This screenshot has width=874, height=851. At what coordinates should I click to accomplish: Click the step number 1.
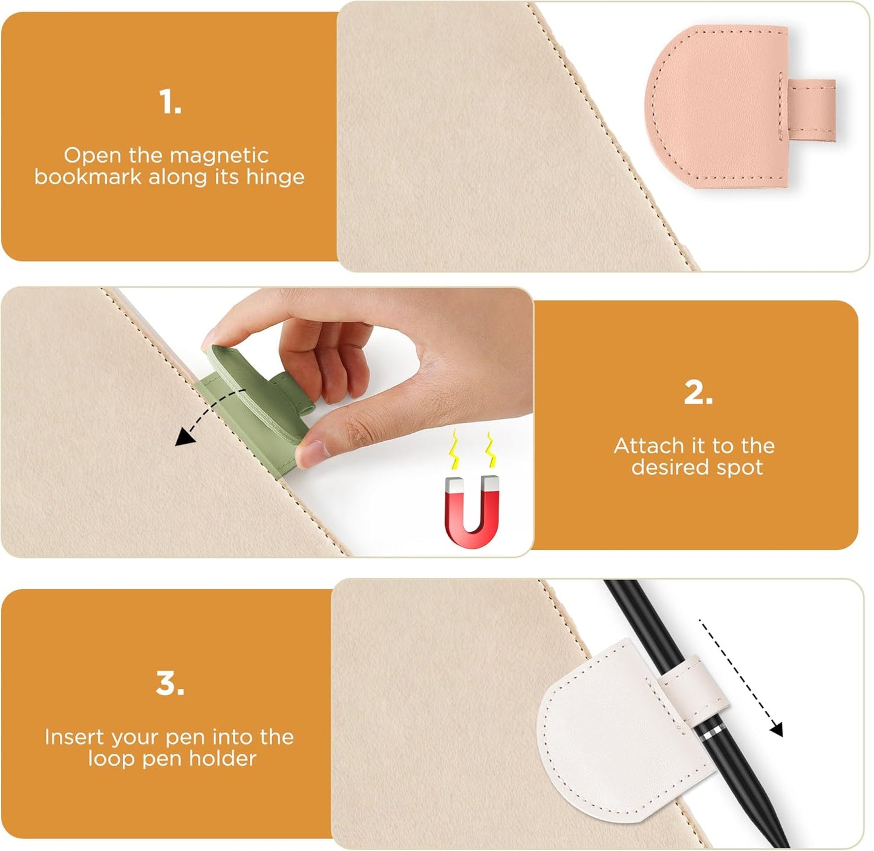170,102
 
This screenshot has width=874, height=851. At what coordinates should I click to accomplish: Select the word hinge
275,177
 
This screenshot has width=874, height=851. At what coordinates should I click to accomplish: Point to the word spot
740,467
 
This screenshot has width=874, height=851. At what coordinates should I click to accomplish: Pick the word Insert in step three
69,737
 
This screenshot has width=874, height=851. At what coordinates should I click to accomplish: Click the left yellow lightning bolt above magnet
454,451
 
